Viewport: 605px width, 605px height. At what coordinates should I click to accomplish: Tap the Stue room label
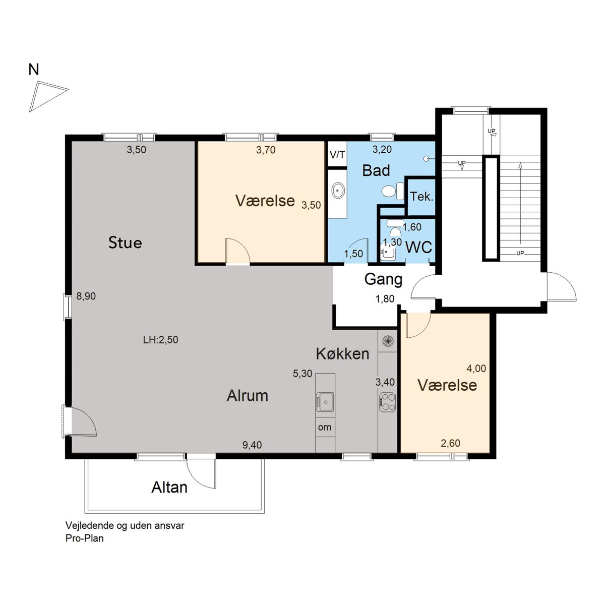tap(125, 243)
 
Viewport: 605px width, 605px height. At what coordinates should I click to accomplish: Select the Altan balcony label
tap(169, 487)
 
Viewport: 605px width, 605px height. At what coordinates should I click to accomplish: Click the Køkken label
tap(342, 354)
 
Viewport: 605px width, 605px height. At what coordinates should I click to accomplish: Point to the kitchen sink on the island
tap(325, 402)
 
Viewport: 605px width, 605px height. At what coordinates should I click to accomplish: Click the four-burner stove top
tap(387, 402)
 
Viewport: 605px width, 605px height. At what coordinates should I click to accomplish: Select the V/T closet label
tap(337, 154)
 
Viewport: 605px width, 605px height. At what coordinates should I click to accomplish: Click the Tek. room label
tap(421, 197)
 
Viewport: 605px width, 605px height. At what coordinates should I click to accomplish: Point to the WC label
tap(419, 248)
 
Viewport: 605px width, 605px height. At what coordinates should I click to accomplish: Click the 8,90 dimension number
tap(86, 296)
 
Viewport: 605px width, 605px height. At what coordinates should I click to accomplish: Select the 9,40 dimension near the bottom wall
tap(252, 445)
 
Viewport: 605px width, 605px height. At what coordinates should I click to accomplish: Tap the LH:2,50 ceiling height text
tap(160, 340)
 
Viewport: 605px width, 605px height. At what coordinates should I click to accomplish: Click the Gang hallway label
tap(383, 279)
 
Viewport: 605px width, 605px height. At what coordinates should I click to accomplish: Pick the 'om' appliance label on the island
tap(325, 428)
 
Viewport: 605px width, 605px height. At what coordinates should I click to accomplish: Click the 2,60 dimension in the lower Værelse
tap(451, 443)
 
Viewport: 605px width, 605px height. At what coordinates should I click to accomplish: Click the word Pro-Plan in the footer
tap(85, 538)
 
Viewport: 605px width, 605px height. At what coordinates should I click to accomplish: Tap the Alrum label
tap(248, 396)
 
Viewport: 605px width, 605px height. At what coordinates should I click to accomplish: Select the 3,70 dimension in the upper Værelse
tap(266, 150)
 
